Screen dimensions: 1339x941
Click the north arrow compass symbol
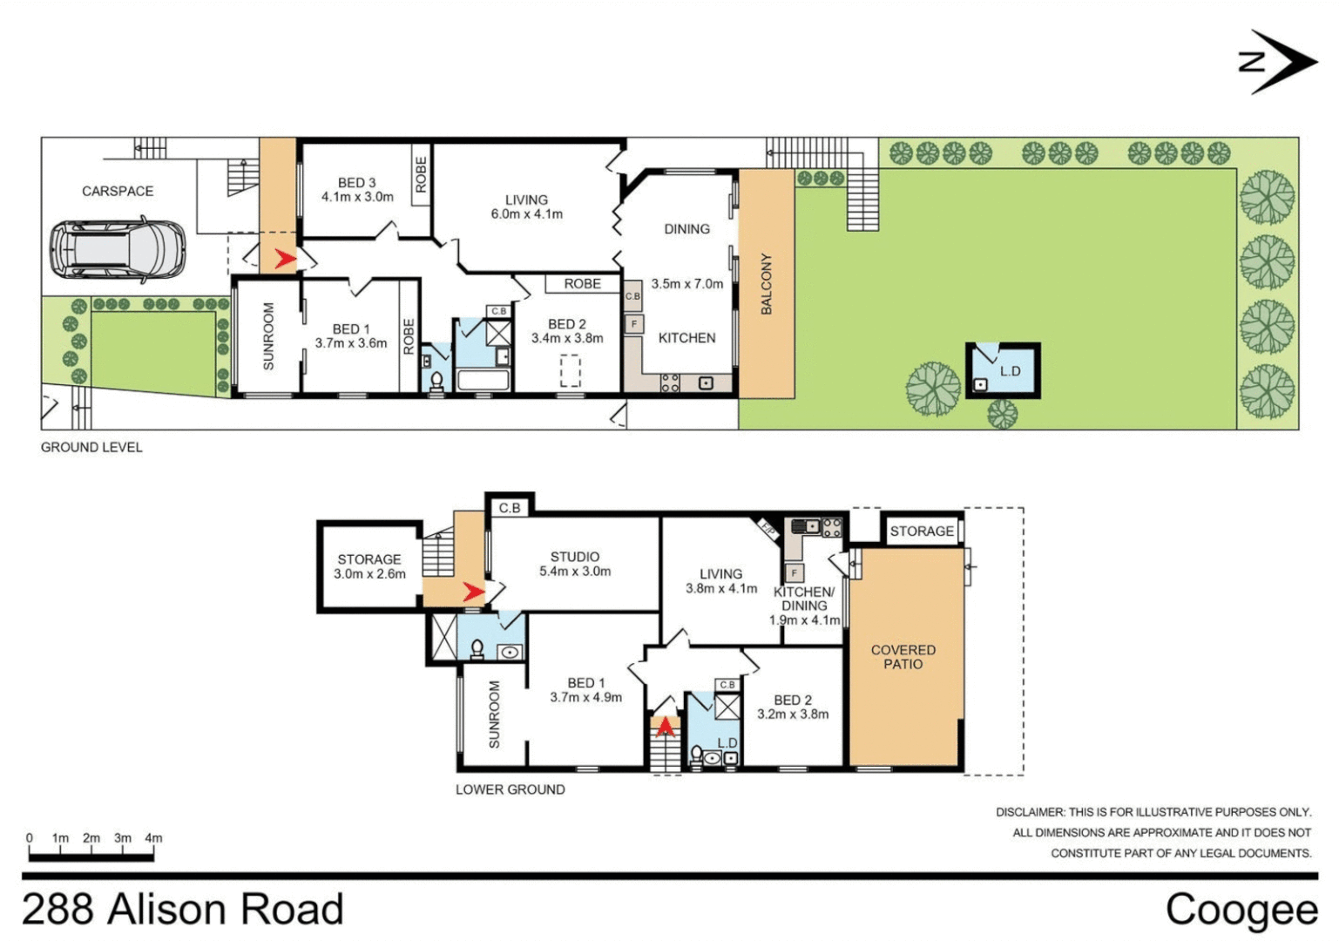[x=1277, y=61]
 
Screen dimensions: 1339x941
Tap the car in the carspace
[x=117, y=250]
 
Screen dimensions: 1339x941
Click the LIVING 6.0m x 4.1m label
[x=526, y=206]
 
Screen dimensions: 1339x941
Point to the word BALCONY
[x=767, y=284]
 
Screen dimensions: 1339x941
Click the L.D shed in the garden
[x=1003, y=370]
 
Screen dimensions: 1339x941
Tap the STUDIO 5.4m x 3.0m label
[x=574, y=564]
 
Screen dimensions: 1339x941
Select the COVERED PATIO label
[x=903, y=657]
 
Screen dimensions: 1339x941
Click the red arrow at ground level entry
[x=284, y=259]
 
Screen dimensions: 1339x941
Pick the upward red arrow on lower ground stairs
[x=666, y=726]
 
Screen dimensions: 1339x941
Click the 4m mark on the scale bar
[x=153, y=838]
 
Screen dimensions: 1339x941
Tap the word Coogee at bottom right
[x=1241, y=910]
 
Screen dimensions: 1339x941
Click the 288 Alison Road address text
[x=183, y=910]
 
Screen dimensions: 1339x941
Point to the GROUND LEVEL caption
[x=91, y=447]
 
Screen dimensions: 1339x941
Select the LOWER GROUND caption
[x=510, y=789]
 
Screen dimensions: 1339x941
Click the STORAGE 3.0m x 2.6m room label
[x=369, y=566]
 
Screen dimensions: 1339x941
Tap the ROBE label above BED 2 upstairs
[x=582, y=283]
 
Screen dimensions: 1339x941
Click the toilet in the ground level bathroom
[x=436, y=381]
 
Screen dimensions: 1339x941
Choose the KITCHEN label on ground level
[x=686, y=338]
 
